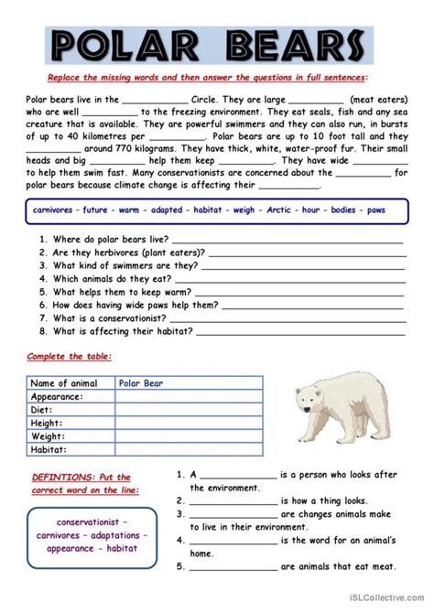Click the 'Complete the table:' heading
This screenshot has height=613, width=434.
click(56, 356)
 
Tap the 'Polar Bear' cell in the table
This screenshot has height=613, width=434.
click(141, 384)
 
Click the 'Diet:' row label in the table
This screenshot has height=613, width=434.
click(46, 410)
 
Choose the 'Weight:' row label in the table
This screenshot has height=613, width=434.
click(50, 437)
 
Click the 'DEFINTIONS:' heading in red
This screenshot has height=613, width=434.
click(56, 478)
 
